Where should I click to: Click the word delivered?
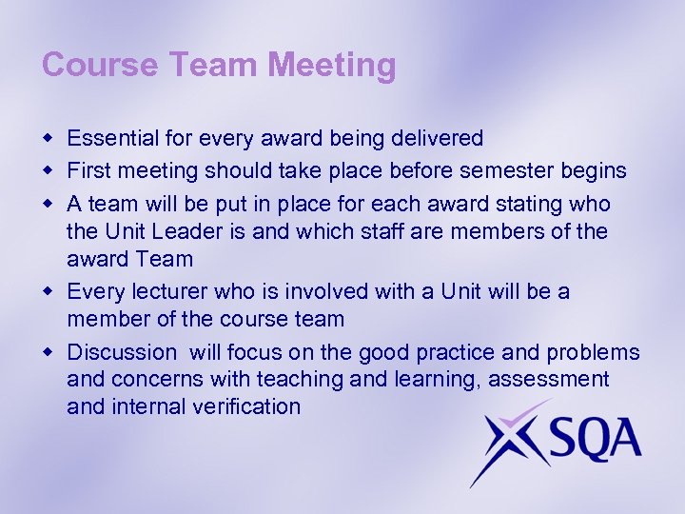[437, 138]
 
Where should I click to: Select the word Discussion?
[122, 352]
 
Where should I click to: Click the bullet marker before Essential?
[48, 139]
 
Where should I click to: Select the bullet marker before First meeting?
[48, 171]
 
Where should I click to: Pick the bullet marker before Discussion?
[48, 353]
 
